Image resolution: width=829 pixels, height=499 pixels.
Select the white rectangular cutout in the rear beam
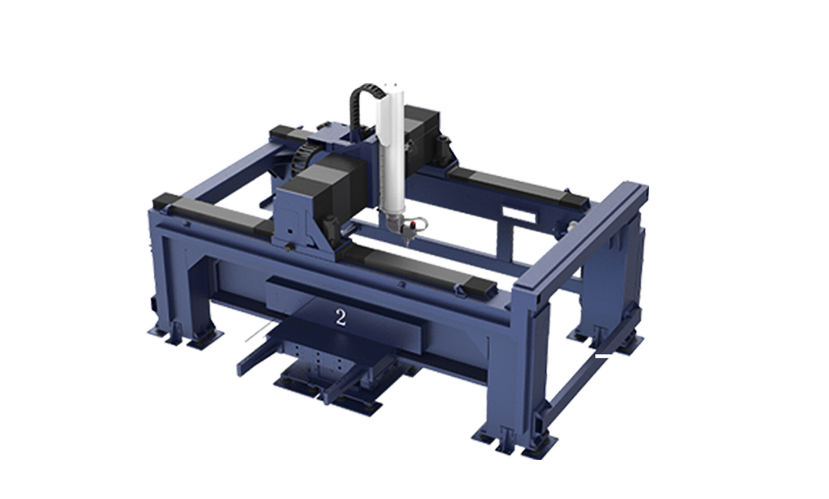pos(519,214)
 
